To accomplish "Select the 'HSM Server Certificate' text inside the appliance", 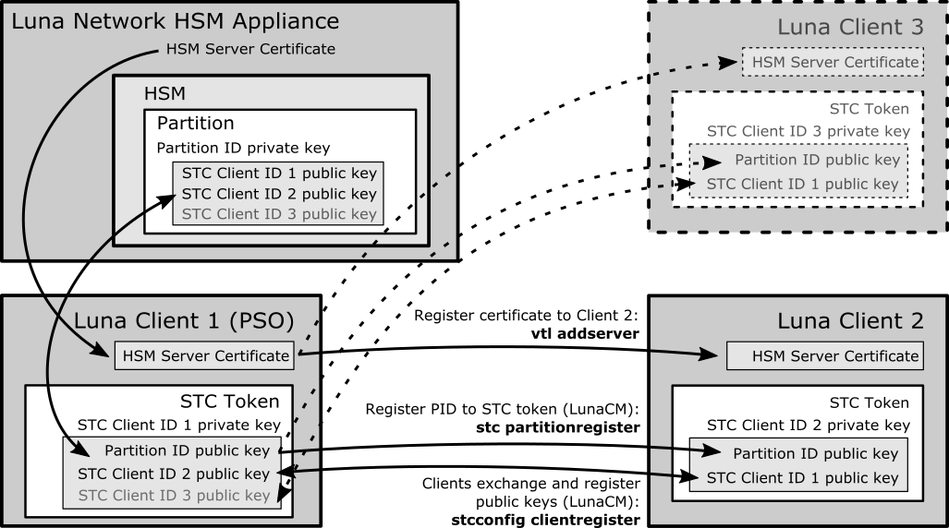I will tap(250, 49).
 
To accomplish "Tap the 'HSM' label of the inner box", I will tap(164, 93).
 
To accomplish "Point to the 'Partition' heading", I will tap(196, 123).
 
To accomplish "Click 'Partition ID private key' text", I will tap(243, 148).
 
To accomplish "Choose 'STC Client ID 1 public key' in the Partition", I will tap(279, 174).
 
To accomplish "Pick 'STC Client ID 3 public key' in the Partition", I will tap(279, 214).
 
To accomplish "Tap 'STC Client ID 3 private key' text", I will tap(809, 132).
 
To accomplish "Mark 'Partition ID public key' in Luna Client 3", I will tap(817, 160).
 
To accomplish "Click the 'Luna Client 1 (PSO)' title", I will tap(183, 322).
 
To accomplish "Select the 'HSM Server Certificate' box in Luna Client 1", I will tap(206, 355).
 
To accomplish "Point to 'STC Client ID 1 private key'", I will tap(178, 426).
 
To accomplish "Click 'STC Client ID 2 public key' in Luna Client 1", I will tap(174, 474).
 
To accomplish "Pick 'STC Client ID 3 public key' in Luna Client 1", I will tap(174, 496).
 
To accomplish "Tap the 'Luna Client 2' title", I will tap(850, 322).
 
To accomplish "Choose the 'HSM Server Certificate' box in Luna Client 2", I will tap(835, 355).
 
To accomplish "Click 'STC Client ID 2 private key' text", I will tap(809, 426).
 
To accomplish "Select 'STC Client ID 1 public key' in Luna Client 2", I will tap(802, 478).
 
